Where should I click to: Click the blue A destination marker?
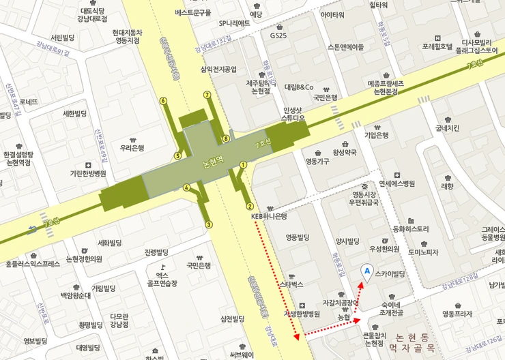coord(367,271)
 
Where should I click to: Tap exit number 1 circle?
coord(243,164)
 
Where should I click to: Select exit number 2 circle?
coord(250,207)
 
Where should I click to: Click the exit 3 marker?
coord(209,224)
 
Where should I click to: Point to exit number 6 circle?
coord(163,101)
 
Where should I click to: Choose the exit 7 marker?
coord(207,95)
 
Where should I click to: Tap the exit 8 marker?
coord(226,139)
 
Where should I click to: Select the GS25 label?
coord(278,35)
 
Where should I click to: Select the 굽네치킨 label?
coord(447,127)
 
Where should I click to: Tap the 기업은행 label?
coord(376,135)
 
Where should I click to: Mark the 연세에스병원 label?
coord(397,183)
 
